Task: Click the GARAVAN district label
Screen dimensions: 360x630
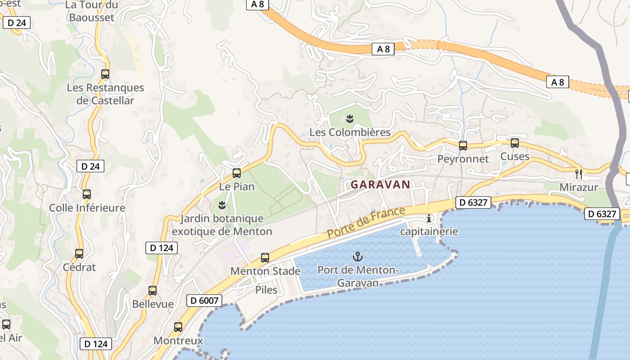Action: [x=380, y=184]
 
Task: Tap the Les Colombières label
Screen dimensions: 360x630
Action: [x=350, y=133]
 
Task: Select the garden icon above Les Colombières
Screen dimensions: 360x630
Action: [x=350, y=119]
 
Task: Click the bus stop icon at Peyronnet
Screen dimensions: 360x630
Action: [x=463, y=146]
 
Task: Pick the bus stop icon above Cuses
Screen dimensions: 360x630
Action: [x=515, y=143]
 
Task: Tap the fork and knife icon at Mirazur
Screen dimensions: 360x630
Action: [x=579, y=174]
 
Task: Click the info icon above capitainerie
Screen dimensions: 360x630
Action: [x=429, y=219]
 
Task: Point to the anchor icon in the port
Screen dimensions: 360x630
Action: [x=357, y=257]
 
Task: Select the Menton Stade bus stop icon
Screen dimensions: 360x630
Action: [x=265, y=258]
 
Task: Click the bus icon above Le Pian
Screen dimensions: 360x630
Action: [x=236, y=173]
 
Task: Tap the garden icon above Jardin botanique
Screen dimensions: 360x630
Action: [x=221, y=206]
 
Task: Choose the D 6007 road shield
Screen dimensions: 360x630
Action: [x=204, y=300]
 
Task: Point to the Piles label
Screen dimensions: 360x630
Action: [x=266, y=289]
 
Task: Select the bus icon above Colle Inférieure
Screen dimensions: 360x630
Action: [x=87, y=194]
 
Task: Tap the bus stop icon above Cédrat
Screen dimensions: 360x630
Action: [x=79, y=254]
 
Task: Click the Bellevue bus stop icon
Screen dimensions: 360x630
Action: [x=153, y=291]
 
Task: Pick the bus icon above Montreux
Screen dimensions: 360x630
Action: [x=178, y=327]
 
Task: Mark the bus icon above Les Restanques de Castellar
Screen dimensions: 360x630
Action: [x=105, y=74]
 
